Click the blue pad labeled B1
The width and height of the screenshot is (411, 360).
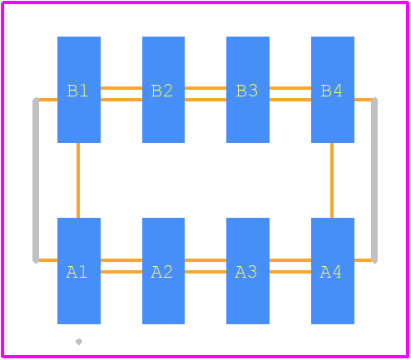(x=79, y=90)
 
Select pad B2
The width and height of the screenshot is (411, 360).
(x=163, y=90)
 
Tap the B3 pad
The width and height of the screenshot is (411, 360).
(x=248, y=90)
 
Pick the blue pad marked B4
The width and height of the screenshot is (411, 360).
(x=333, y=90)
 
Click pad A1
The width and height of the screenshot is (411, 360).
(x=79, y=271)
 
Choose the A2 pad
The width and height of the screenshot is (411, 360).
(x=163, y=271)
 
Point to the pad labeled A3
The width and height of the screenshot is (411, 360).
(x=248, y=271)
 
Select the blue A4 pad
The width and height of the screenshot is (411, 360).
(x=333, y=271)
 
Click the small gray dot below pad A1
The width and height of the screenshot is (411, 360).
(x=79, y=342)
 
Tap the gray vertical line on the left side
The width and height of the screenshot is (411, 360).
(x=36, y=180)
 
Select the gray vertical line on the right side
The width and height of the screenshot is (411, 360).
(x=374, y=180)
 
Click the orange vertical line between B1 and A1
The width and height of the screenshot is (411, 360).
(x=78, y=180)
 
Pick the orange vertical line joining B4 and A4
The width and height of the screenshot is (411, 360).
(x=332, y=180)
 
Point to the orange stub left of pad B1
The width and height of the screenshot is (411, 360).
(x=48, y=100)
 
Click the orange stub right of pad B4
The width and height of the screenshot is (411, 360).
(x=363, y=100)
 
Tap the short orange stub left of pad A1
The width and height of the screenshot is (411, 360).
(x=48, y=260)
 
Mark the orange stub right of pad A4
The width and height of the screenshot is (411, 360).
(x=363, y=260)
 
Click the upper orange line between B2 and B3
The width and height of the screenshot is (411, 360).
(x=205, y=88)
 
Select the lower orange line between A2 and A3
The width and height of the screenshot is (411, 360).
(x=205, y=272)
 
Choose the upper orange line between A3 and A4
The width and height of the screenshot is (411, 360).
(x=290, y=260)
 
